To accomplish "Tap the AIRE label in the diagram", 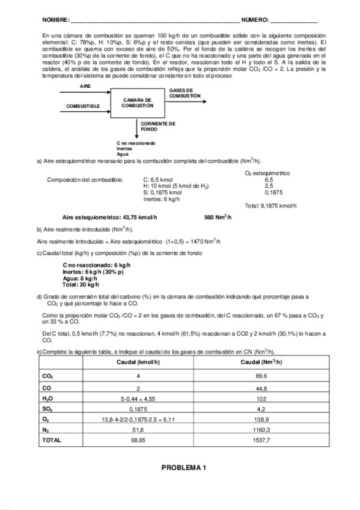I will [x=85, y=86].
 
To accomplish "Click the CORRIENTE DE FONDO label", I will [x=158, y=126].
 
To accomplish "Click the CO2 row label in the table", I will [x=47, y=375].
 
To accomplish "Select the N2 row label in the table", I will [x=46, y=429].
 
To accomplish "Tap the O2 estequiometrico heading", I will [x=267, y=173].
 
